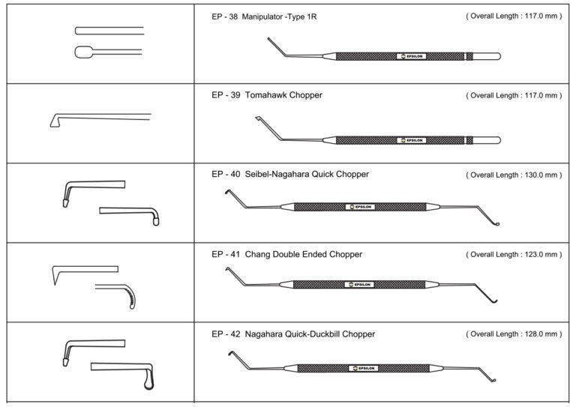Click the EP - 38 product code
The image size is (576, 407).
click(x=224, y=17)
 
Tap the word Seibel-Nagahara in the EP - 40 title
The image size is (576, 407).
click(x=277, y=175)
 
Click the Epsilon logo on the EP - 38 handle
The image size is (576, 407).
click(x=412, y=56)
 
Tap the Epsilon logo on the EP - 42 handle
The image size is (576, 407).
click(x=363, y=368)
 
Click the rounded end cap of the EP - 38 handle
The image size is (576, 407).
click(x=491, y=56)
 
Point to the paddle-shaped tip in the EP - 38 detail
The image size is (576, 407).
click(x=83, y=52)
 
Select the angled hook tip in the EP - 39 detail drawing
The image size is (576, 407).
click(x=55, y=121)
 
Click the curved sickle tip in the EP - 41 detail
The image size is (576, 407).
click(x=130, y=298)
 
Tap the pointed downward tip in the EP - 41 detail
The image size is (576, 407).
click(x=55, y=277)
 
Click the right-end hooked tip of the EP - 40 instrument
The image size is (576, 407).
click(x=496, y=223)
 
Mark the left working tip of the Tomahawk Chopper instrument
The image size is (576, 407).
click(x=258, y=118)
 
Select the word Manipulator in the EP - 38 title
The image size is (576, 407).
click(x=262, y=17)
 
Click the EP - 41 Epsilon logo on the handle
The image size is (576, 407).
click(x=359, y=285)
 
